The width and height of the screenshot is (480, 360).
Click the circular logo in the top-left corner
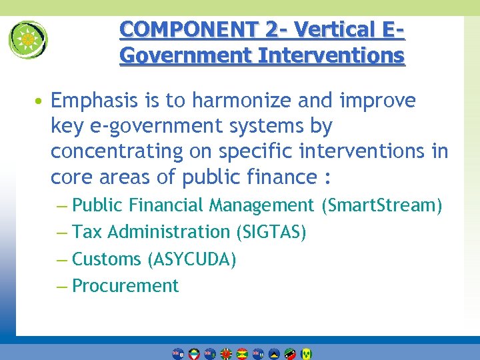pos(28,39)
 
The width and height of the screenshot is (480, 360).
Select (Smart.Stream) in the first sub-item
pos(381,205)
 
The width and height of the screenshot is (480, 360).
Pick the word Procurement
pos(125,286)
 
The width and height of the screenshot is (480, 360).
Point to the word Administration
pos(168,232)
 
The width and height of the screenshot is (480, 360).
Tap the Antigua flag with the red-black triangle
pos(194,353)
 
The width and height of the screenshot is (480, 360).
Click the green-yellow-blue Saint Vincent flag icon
pos(306,353)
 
